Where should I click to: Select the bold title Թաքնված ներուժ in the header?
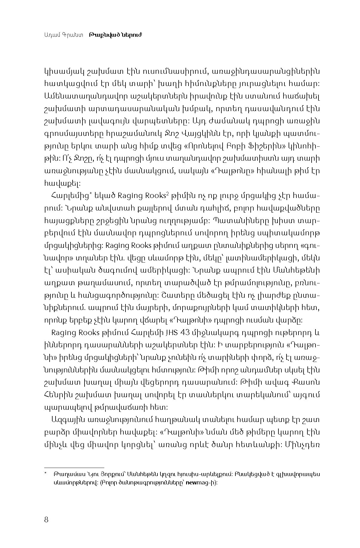(x=115, y=35)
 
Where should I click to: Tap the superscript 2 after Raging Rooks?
(x=168, y=194)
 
